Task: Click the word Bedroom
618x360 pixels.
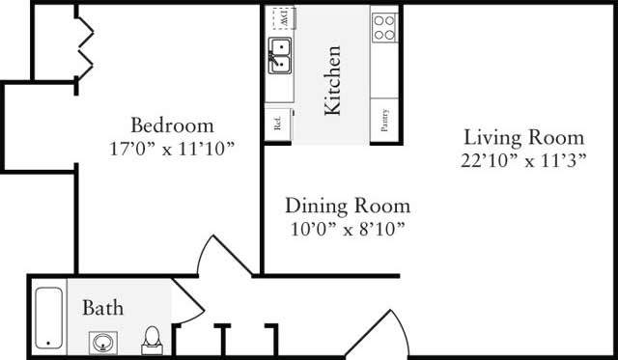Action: [x=172, y=125]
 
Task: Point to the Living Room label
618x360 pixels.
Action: [x=523, y=136]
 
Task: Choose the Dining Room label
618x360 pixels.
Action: [x=347, y=207]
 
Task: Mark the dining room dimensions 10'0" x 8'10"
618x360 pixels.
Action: [x=347, y=229]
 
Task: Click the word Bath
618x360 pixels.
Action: [x=101, y=309]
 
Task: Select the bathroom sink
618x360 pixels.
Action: [x=103, y=340]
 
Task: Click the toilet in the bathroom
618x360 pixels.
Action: [x=152, y=337]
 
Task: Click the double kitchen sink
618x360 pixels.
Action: [x=279, y=57]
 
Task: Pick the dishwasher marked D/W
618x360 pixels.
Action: [x=280, y=18]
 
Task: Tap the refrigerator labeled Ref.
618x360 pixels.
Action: [x=277, y=123]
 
